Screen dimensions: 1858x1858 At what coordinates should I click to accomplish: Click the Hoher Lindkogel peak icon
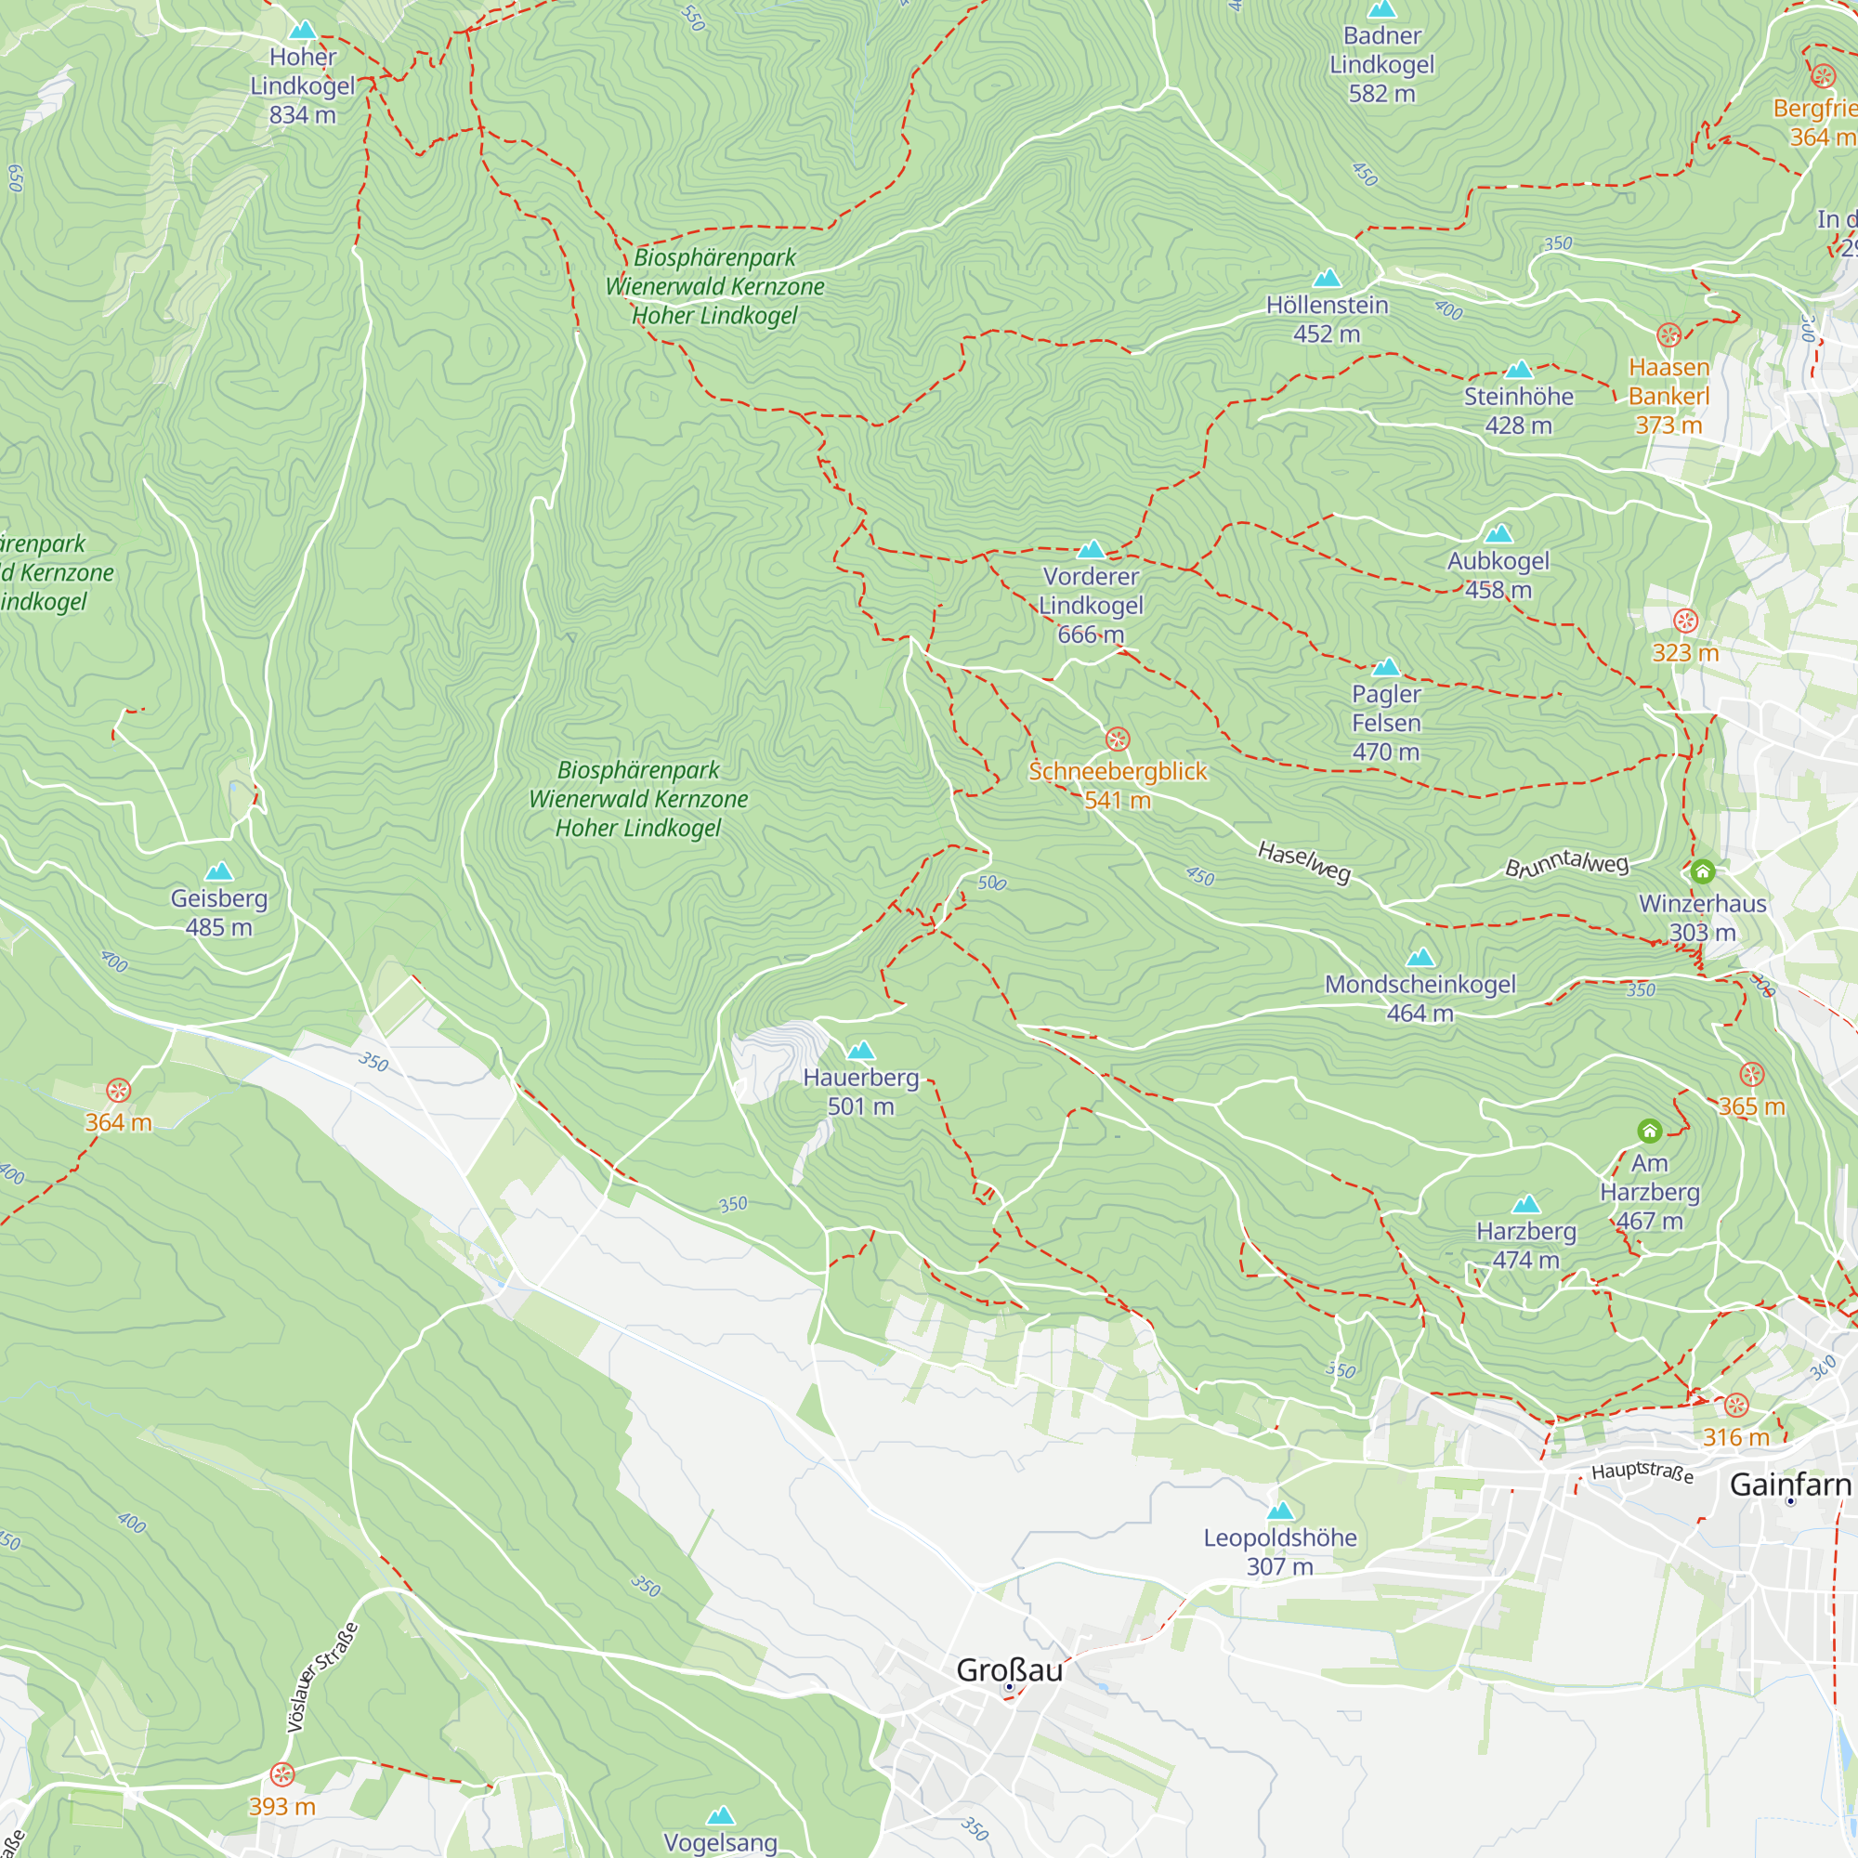point(303,31)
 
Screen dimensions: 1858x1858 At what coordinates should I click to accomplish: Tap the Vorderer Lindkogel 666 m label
point(1091,605)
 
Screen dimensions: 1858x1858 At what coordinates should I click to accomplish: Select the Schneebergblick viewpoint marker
point(1118,739)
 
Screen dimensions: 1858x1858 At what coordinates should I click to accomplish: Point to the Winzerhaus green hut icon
point(1702,871)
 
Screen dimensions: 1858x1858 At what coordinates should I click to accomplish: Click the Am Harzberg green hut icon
point(1649,1131)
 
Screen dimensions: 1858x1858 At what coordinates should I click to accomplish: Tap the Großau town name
point(1009,1669)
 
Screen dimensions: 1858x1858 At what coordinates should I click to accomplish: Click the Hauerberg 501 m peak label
point(861,1092)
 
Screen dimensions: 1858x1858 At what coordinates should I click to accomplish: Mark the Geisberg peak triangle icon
point(219,871)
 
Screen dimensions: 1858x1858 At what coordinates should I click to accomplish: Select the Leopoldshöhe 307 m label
point(1280,1551)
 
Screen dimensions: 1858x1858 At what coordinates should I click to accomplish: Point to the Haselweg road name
point(1304,861)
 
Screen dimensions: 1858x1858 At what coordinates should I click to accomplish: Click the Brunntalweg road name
point(1566,864)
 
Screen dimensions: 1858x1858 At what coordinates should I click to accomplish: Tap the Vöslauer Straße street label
point(323,1677)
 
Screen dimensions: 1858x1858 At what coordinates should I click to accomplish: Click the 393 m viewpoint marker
point(281,1774)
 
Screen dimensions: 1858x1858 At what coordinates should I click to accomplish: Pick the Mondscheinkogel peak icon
point(1420,957)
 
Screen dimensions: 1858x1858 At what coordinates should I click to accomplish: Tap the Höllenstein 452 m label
point(1327,320)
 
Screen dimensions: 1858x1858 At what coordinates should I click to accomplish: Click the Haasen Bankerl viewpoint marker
point(1668,334)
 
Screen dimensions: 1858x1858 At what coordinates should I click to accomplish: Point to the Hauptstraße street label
point(1642,1472)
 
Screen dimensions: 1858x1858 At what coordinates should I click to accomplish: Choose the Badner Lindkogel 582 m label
point(1382,64)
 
